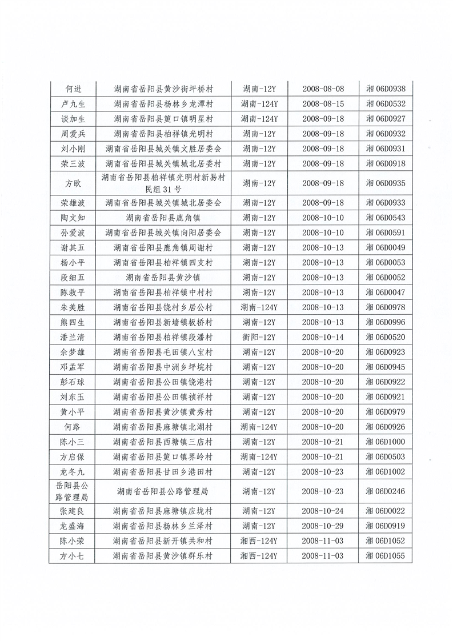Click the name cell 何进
coord(72,89)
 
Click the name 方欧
coord(72,183)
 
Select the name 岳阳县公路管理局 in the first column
coord(72,491)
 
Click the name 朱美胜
coord(72,307)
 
